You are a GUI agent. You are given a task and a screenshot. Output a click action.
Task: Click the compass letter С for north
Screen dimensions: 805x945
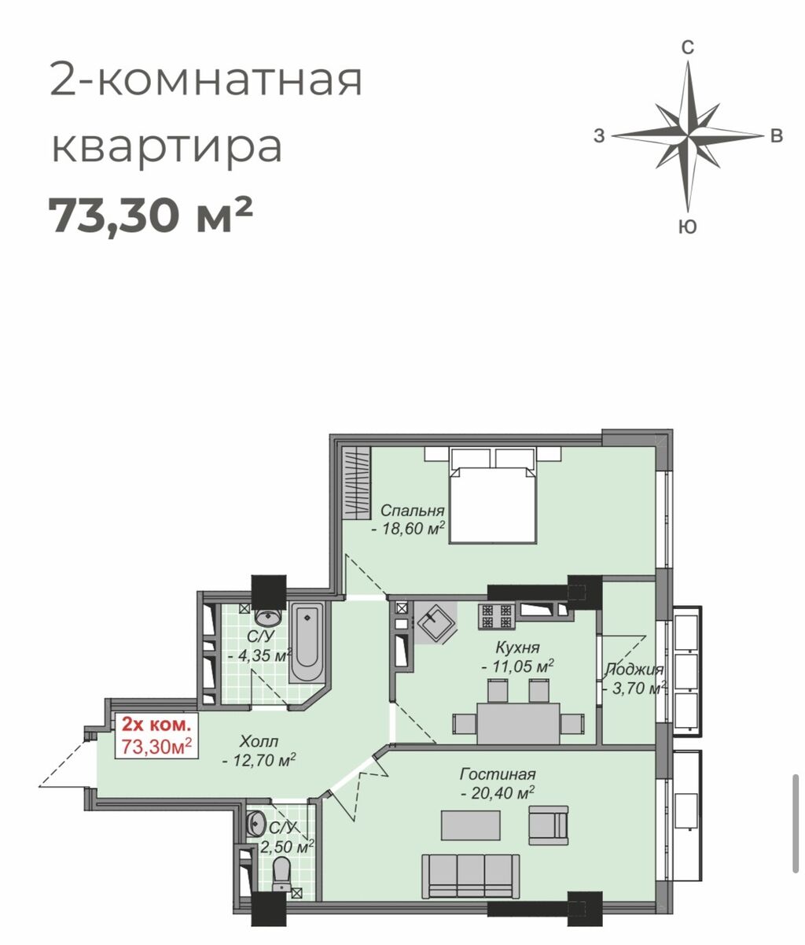coord(688,46)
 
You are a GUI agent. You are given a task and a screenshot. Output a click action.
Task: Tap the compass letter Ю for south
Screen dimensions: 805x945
coord(688,227)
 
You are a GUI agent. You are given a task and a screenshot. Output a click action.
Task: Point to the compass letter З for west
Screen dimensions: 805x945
coord(599,136)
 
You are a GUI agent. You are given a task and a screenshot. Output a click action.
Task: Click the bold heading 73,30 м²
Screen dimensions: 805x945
coord(150,215)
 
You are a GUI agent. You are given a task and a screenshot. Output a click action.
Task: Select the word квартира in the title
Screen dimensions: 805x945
coord(167,148)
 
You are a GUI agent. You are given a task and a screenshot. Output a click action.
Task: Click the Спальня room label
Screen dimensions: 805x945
coord(412,510)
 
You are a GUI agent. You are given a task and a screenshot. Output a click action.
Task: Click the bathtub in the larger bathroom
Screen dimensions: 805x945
coord(307,644)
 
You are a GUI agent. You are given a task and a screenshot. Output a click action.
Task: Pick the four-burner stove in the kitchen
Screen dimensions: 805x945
coord(496,615)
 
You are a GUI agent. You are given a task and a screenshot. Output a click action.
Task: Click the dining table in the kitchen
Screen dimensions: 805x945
coord(518,723)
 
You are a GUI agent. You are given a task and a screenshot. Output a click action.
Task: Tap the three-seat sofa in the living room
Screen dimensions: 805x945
coord(470,878)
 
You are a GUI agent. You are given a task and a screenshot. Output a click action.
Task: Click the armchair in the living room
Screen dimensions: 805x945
coord(549,825)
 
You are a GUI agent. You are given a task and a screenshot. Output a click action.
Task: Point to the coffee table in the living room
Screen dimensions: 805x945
coord(471,825)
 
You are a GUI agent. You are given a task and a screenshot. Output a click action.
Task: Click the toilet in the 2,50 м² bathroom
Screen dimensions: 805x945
coord(281,874)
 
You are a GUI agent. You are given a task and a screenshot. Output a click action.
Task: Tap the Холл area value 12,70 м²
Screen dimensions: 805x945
coord(259,760)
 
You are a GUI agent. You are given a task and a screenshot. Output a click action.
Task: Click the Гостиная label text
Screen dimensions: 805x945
coord(498,774)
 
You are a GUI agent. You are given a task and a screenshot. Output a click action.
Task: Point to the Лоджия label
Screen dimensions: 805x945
coord(634,670)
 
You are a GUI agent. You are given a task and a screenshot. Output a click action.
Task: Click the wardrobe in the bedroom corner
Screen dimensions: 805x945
coord(356,483)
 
